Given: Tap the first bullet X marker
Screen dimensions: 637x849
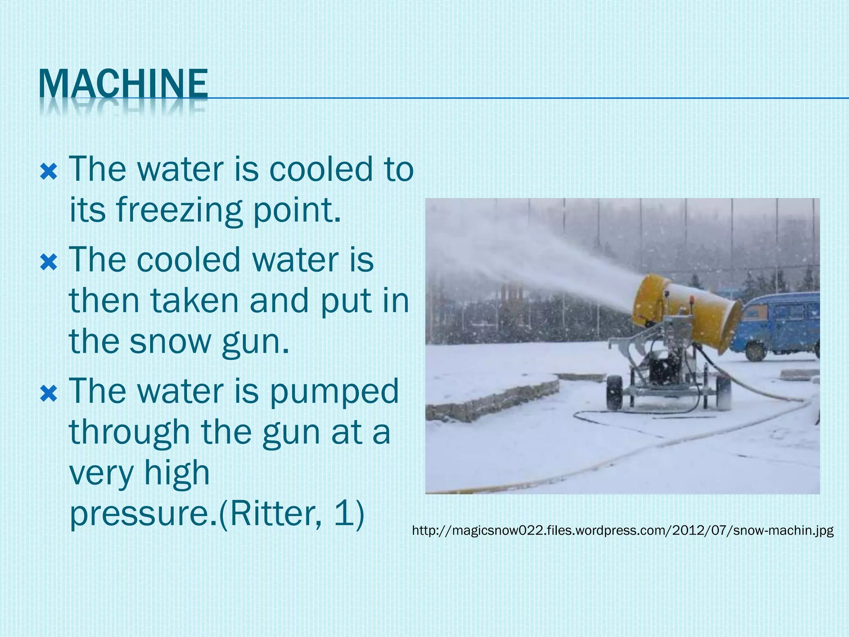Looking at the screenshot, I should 49,171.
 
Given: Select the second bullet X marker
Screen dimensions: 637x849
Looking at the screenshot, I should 49,262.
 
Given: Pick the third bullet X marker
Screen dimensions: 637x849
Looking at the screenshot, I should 49,394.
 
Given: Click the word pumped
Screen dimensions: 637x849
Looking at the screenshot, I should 334,391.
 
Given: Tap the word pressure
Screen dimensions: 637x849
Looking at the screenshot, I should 140,514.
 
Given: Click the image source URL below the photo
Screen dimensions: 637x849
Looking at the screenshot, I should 623,530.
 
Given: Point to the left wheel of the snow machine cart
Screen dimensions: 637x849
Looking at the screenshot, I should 614,392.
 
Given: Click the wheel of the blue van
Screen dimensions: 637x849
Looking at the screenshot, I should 755,352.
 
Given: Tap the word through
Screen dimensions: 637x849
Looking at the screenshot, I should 129,432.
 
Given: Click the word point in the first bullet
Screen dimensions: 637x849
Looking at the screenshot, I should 296,211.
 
